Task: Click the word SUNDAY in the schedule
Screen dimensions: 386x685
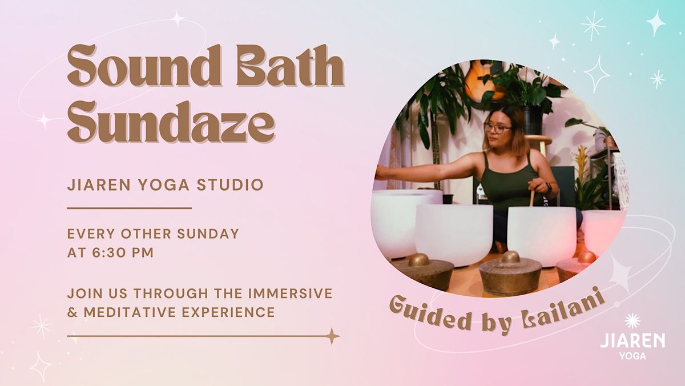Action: pos(211,234)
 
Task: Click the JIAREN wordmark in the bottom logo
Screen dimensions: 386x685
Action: pos(632,341)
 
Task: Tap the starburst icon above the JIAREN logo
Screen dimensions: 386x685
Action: pos(632,320)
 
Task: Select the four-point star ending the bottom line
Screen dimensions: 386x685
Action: pos(332,336)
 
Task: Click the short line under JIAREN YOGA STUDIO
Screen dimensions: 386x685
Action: pos(129,208)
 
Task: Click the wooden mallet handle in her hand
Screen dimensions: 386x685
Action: pos(533,198)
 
